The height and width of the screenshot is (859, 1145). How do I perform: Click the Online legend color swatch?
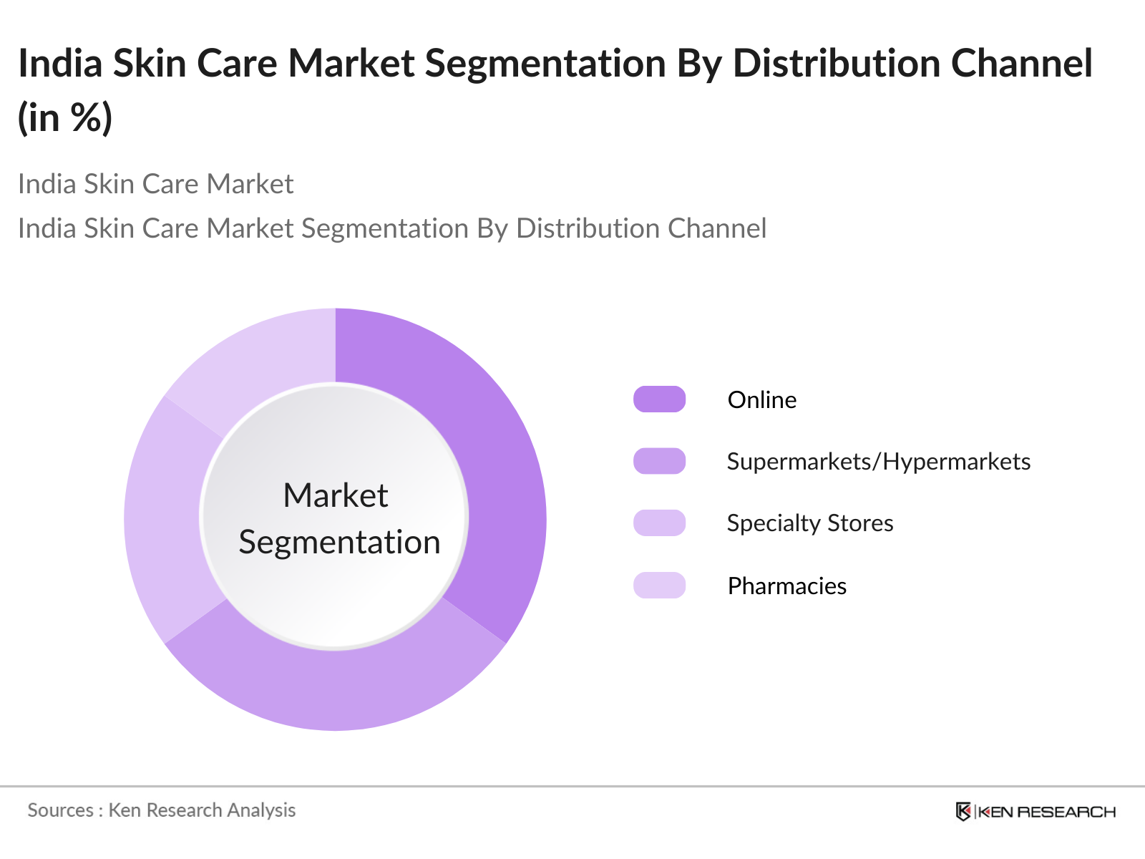tap(659, 399)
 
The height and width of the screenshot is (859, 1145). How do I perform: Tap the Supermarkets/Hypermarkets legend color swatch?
tap(659, 461)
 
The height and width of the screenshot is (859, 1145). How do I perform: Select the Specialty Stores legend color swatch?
tap(659, 523)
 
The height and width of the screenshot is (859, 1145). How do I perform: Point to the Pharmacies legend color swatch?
tap(659, 586)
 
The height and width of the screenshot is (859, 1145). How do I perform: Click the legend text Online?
tap(761, 399)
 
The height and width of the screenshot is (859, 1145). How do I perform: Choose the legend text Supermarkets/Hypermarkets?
tap(878, 462)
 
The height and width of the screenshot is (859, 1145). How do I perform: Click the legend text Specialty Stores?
tap(809, 523)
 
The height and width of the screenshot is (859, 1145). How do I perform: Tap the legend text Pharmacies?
tap(786, 586)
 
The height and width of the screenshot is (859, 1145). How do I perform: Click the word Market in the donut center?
tap(336, 495)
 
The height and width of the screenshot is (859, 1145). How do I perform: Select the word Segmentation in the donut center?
tap(339, 542)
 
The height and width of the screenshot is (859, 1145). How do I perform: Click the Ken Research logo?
tap(1035, 811)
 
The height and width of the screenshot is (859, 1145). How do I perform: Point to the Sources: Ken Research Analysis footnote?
tap(162, 810)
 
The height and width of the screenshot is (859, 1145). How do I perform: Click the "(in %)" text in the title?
tap(65, 117)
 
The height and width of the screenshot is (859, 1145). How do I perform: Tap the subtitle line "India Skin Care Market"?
tap(155, 184)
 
